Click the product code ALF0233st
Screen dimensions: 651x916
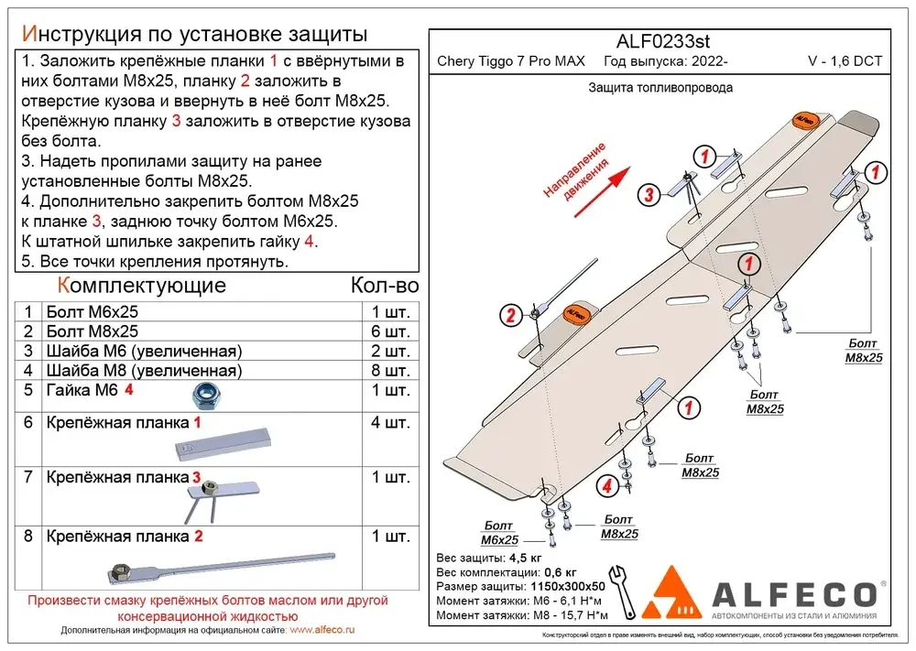658,41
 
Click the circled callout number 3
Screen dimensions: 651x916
647,194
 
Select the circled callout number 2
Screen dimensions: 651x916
510,316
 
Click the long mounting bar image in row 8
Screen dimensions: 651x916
220,567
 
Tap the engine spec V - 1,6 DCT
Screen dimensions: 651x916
845,62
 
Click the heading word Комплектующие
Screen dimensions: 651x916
141,285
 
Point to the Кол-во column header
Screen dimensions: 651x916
385,285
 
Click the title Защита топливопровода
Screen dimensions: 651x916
660,88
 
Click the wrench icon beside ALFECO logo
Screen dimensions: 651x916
620,587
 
